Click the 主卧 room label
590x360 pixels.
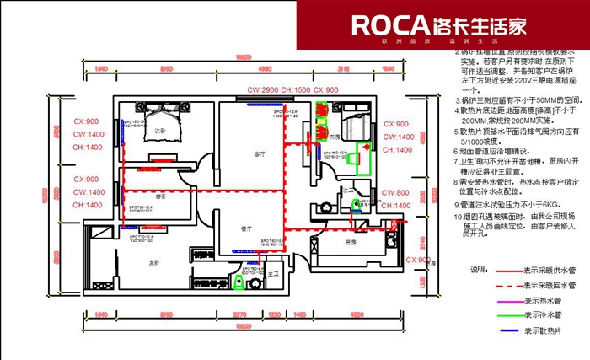154,264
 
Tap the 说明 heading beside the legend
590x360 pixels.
478,270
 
